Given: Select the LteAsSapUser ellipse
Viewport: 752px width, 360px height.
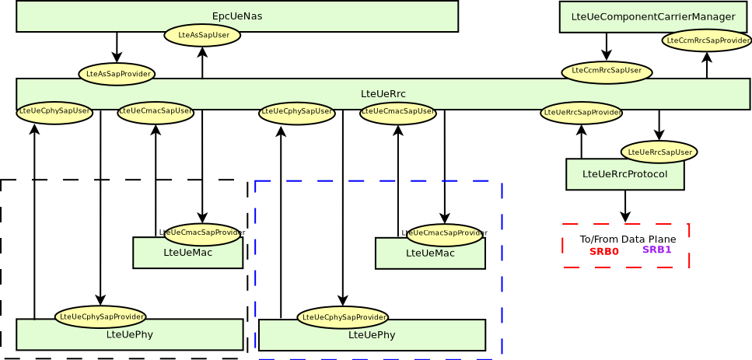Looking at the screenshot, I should (x=202, y=35).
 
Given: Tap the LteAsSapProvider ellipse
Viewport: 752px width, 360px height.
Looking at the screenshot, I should (x=117, y=74).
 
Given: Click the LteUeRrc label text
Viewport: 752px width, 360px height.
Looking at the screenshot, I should (x=383, y=94).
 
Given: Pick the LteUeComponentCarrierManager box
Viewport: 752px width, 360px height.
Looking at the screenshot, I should (x=652, y=17).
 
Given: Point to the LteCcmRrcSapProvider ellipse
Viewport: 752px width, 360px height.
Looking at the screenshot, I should (x=707, y=40).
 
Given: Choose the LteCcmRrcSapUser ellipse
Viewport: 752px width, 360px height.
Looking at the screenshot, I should (x=607, y=72).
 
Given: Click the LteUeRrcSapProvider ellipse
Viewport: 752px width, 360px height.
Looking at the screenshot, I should (x=581, y=113).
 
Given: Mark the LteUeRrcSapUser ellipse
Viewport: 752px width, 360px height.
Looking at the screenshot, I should (x=659, y=152).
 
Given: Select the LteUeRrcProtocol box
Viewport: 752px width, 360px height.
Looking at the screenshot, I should (x=624, y=175).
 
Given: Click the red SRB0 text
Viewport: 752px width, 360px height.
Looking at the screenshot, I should (x=603, y=252).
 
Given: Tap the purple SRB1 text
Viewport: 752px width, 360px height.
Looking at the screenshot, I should (x=656, y=250).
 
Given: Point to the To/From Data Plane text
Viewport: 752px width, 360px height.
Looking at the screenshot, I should (x=628, y=239).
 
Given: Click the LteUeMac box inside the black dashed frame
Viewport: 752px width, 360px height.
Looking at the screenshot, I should (x=187, y=255).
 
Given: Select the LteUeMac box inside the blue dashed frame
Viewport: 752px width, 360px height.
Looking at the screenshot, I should (x=430, y=255).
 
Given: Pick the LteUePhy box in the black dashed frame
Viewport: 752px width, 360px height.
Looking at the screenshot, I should (x=129, y=336).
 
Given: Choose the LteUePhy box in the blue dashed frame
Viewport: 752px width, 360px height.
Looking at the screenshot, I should (x=372, y=336).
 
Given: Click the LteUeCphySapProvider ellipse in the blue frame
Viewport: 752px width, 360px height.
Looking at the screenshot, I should (x=342, y=317).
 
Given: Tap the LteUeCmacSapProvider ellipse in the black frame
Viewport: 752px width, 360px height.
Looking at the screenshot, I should (x=201, y=232).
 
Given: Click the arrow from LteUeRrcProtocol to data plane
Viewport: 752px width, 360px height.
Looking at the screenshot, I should (x=625, y=206).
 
